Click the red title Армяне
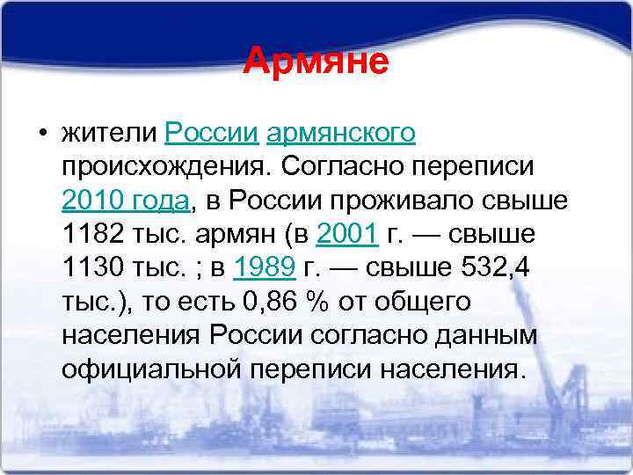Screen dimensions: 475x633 coord(316,62)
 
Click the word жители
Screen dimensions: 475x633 coord(109,134)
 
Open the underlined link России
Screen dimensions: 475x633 coord(211,134)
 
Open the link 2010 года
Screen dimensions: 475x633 coord(126,201)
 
